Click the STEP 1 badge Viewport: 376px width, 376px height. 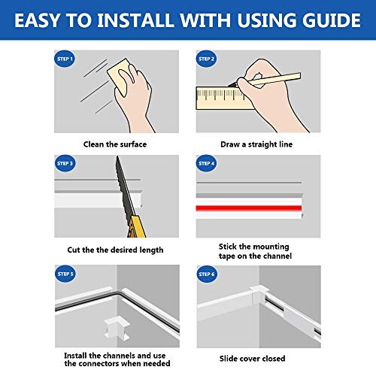(65, 59)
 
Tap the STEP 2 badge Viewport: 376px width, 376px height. (207, 59)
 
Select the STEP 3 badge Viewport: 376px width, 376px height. (65, 163)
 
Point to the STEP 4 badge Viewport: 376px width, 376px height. (207, 163)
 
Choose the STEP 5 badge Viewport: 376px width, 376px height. (65, 274)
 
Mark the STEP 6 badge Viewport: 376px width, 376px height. (207, 274)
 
